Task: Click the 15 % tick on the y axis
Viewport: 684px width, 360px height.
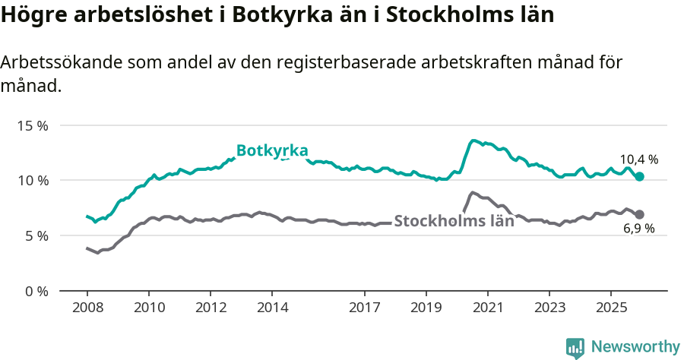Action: (32, 125)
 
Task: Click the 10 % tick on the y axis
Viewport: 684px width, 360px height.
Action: (32, 181)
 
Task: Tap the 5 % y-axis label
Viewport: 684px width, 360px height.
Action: (35, 236)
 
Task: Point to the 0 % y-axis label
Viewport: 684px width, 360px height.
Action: (35, 291)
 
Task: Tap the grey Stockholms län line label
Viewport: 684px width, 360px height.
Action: (454, 223)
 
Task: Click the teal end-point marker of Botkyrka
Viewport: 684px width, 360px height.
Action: (640, 176)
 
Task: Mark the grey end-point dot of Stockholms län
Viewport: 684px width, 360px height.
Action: (640, 215)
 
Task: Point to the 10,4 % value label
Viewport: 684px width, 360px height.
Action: (638, 160)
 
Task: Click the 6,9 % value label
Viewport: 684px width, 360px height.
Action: (638, 229)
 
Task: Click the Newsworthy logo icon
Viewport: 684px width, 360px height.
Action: (575, 347)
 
